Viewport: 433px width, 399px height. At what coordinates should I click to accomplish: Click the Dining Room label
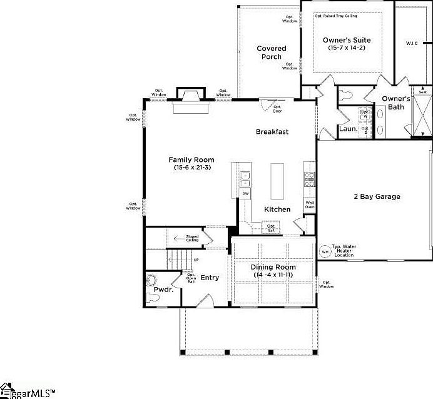(x=274, y=267)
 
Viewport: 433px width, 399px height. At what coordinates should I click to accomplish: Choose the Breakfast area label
(x=272, y=131)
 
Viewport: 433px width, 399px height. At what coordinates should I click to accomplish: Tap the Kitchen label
(x=277, y=209)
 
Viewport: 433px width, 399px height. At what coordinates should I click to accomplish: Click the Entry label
(x=210, y=278)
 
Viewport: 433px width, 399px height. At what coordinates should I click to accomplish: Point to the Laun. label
(x=348, y=129)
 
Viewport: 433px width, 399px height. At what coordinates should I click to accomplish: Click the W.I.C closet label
(x=412, y=43)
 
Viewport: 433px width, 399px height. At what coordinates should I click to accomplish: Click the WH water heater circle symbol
(x=325, y=251)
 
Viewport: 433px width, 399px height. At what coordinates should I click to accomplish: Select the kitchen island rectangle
(x=277, y=181)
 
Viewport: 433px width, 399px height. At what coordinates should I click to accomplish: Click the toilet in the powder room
(x=151, y=280)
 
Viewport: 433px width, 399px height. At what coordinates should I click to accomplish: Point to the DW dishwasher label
(x=245, y=194)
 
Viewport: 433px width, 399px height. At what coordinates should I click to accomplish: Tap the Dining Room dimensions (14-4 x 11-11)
(x=274, y=275)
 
